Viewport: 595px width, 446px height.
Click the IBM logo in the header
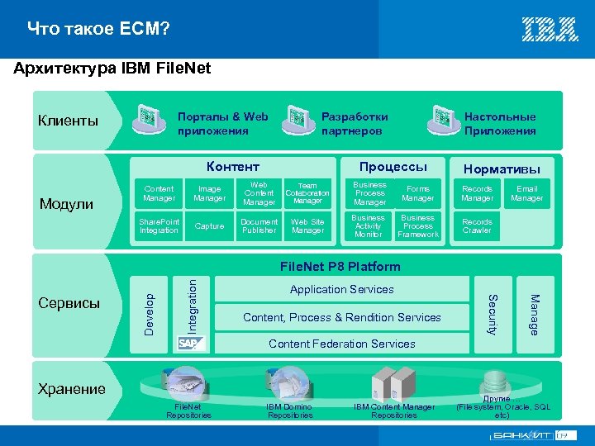point(550,30)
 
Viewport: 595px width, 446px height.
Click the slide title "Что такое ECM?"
point(98,30)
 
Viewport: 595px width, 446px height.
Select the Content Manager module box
point(159,193)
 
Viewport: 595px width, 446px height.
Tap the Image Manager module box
point(209,193)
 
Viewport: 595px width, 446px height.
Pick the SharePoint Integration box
point(159,226)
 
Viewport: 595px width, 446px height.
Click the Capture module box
point(209,226)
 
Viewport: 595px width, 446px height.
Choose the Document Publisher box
point(259,226)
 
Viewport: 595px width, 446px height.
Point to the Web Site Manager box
point(307,226)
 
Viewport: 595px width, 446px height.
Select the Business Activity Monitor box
point(369,226)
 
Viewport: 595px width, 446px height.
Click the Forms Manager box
point(418,193)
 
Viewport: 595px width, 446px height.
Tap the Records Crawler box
point(477,226)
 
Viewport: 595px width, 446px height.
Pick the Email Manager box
point(526,193)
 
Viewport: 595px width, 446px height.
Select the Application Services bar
point(341,290)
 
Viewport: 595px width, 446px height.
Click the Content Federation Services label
point(341,344)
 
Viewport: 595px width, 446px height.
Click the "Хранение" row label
point(72,389)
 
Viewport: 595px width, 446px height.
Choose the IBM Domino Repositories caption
point(290,410)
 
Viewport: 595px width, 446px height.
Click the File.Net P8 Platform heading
point(340,266)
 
